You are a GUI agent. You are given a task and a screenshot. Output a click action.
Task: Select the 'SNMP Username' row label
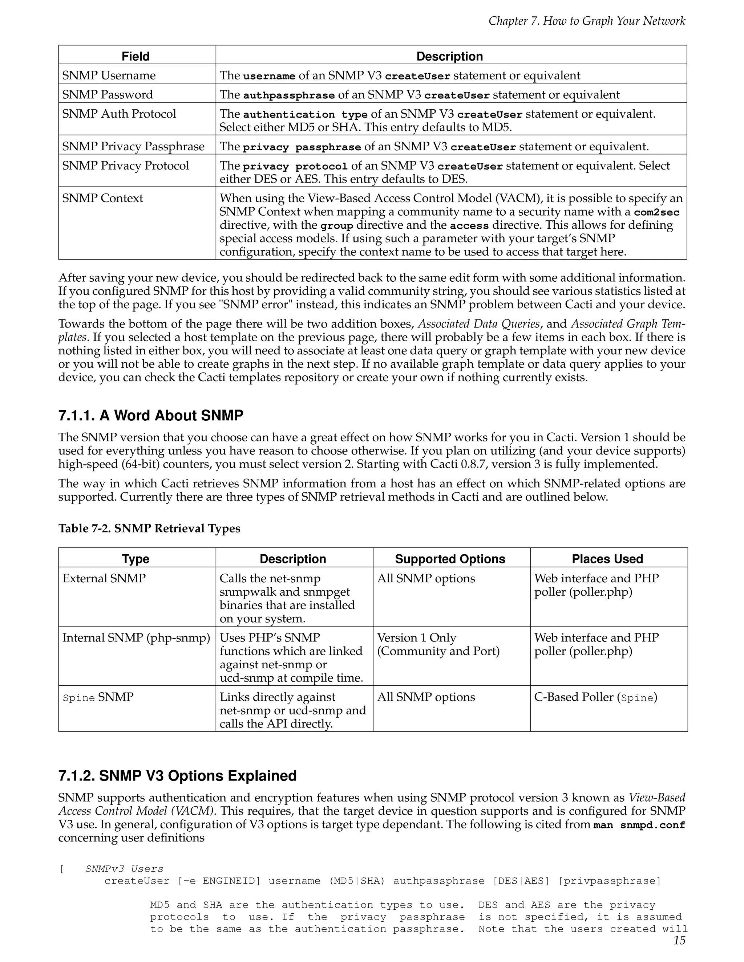point(109,75)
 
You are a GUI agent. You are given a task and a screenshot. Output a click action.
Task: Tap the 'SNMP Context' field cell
point(103,198)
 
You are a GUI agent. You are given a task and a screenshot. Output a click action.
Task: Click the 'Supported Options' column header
point(450,559)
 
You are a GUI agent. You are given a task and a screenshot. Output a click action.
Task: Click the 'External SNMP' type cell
point(104,578)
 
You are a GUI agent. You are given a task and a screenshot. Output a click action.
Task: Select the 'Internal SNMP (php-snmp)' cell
point(136,638)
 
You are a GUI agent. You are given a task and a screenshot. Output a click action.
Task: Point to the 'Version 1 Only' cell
point(417,638)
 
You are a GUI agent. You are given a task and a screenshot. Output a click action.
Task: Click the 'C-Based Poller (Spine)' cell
point(595,697)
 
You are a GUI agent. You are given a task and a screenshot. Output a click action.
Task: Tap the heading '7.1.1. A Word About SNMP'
point(151,415)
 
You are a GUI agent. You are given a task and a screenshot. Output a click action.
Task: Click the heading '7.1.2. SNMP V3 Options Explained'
point(177,776)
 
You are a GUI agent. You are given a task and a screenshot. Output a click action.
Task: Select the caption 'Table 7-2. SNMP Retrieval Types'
point(149,529)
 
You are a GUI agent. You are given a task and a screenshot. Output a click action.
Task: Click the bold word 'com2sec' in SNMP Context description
point(656,212)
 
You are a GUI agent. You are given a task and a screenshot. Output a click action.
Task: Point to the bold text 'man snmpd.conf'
point(639,825)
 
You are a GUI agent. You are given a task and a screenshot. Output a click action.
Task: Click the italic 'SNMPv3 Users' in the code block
point(124,869)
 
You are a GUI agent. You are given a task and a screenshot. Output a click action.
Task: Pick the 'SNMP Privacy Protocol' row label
point(126,166)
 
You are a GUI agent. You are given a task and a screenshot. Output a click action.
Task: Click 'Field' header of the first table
point(136,56)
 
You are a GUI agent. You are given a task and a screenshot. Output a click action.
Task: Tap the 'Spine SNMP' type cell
point(98,697)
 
